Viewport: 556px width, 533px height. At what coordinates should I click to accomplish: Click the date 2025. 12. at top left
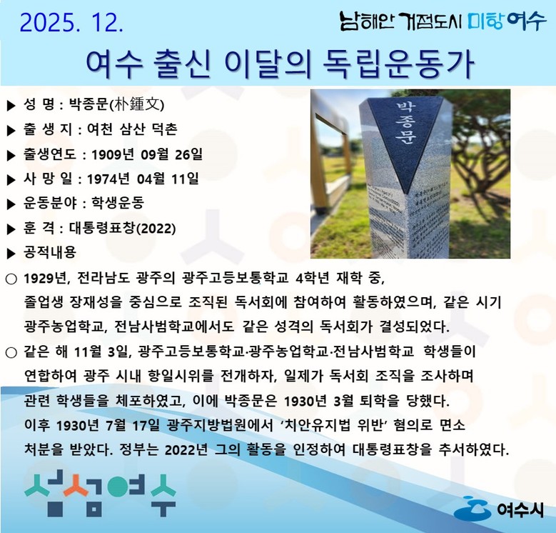(x=71, y=23)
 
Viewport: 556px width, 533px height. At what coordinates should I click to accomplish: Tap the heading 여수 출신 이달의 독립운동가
(x=279, y=64)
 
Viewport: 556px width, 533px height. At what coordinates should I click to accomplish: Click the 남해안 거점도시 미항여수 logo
(x=442, y=21)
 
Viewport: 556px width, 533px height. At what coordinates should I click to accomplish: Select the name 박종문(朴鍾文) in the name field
(x=117, y=105)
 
